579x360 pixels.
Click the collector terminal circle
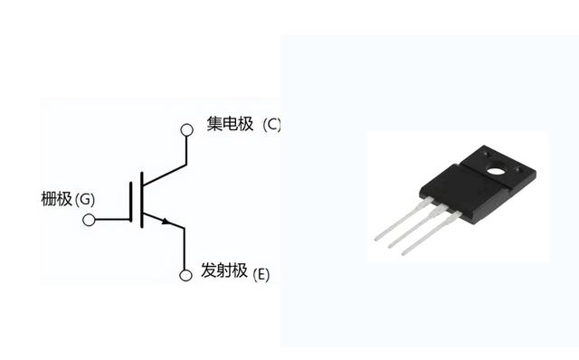[x=186, y=130]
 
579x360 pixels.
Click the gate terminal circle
[x=89, y=220]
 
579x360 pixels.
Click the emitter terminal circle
[x=185, y=275]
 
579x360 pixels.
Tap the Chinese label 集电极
[x=230, y=124]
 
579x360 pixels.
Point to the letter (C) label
[x=271, y=125]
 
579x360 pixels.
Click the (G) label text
[x=84, y=200]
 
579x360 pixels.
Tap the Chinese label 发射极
[x=224, y=270]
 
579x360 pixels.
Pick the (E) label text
[x=261, y=275]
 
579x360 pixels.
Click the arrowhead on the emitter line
[x=166, y=222]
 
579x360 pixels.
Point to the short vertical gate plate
[x=130, y=202]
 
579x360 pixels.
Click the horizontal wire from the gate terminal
[x=112, y=220]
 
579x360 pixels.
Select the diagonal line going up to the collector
[x=165, y=175]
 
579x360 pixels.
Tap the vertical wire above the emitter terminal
[x=185, y=249]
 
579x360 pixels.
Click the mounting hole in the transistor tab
[x=496, y=171]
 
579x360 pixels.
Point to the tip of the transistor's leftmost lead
[x=376, y=239]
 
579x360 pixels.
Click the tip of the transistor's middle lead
[x=390, y=246]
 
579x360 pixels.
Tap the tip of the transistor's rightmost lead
[x=403, y=253]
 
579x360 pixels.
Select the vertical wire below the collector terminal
[x=186, y=150]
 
